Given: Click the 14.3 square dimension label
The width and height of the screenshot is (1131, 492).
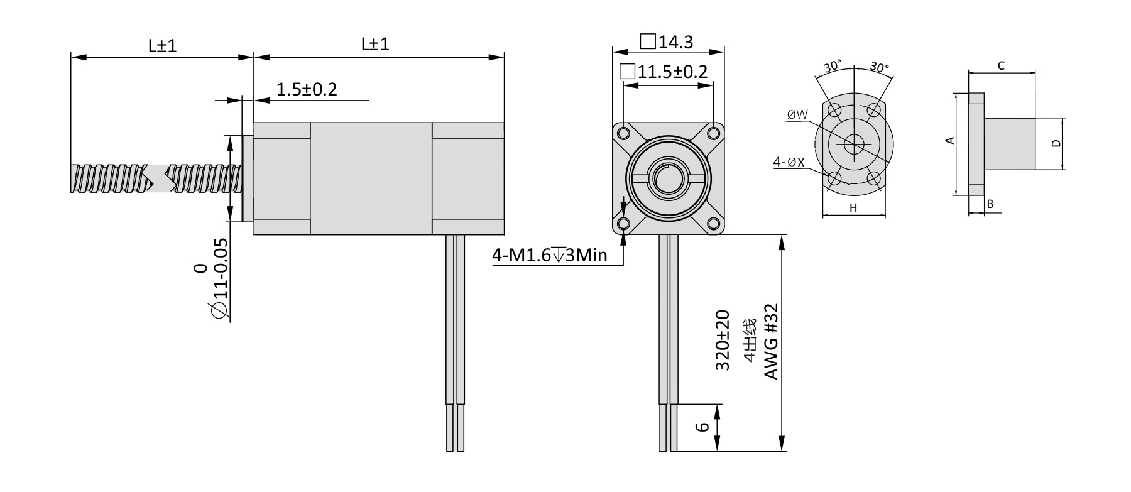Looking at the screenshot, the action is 667,42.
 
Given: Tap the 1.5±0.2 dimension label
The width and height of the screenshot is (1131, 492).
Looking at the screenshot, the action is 307,89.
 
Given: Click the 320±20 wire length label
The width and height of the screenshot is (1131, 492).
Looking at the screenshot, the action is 723,340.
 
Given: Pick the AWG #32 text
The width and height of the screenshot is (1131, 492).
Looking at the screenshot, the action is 771,342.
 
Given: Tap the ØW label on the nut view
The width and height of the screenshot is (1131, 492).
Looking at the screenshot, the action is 797,114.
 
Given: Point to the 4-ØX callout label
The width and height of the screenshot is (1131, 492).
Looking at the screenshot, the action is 789,162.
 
